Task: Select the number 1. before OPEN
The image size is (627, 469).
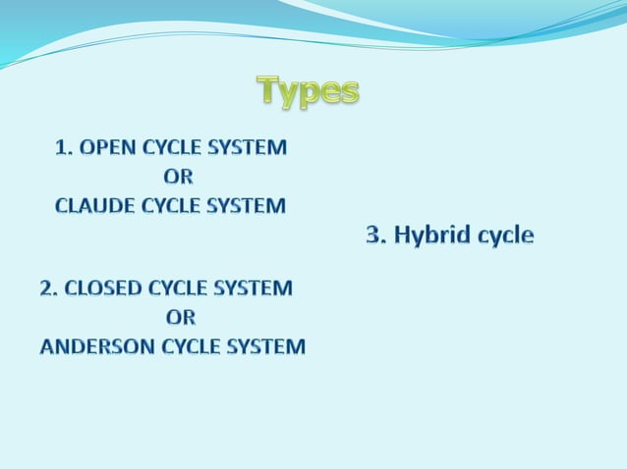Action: [65, 148]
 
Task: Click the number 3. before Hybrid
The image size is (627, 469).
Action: [376, 235]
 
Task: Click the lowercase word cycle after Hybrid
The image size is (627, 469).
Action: [504, 236]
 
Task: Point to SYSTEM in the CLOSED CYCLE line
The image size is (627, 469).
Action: [256, 288]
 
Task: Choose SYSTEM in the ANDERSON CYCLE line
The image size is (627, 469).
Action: [268, 346]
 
